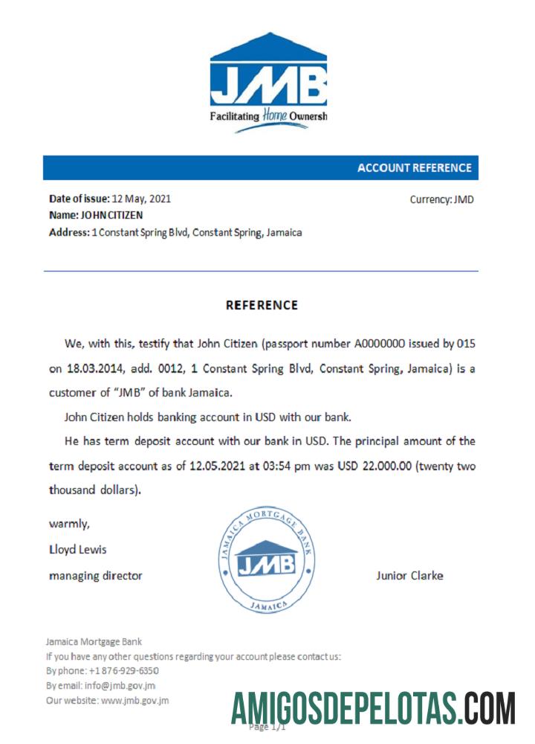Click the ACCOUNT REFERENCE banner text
(x=414, y=168)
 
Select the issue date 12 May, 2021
(x=141, y=199)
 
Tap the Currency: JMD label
(x=441, y=199)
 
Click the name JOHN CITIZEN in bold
(x=111, y=215)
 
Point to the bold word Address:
(x=68, y=232)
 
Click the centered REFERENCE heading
(x=262, y=305)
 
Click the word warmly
(x=69, y=524)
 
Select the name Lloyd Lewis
(x=77, y=550)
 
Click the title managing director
(x=95, y=575)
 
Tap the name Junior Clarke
(x=409, y=575)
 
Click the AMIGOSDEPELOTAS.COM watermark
(x=373, y=708)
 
